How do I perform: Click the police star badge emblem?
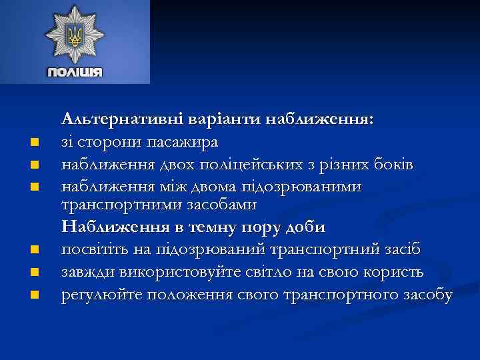click(x=75, y=34)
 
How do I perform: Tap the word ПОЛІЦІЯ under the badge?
click(x=75, y=72)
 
